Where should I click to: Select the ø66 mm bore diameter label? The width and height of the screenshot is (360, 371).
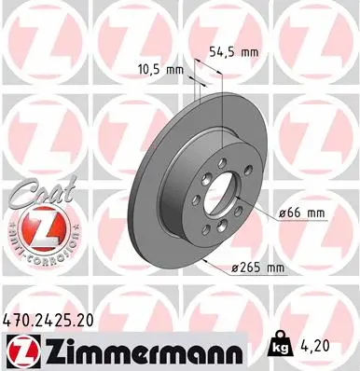(302, 213)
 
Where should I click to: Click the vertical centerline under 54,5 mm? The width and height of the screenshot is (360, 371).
(222, 112)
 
